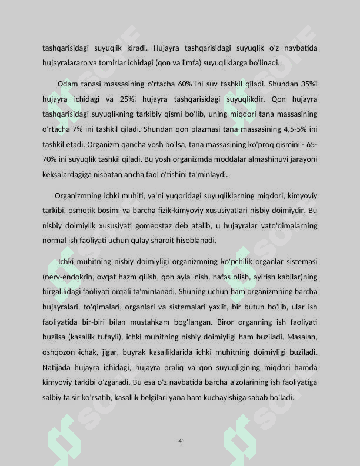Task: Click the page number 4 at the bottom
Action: pyautogui.click(x=180, y=441)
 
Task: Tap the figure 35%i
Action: pyautogui.click(x=306, y=84)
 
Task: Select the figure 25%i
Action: pyautogui.click(x=126, y=99)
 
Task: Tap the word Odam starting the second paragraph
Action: pyautogui.click(x=68, y=84)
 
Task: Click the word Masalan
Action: pyautogui.click(x=303, y=337)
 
